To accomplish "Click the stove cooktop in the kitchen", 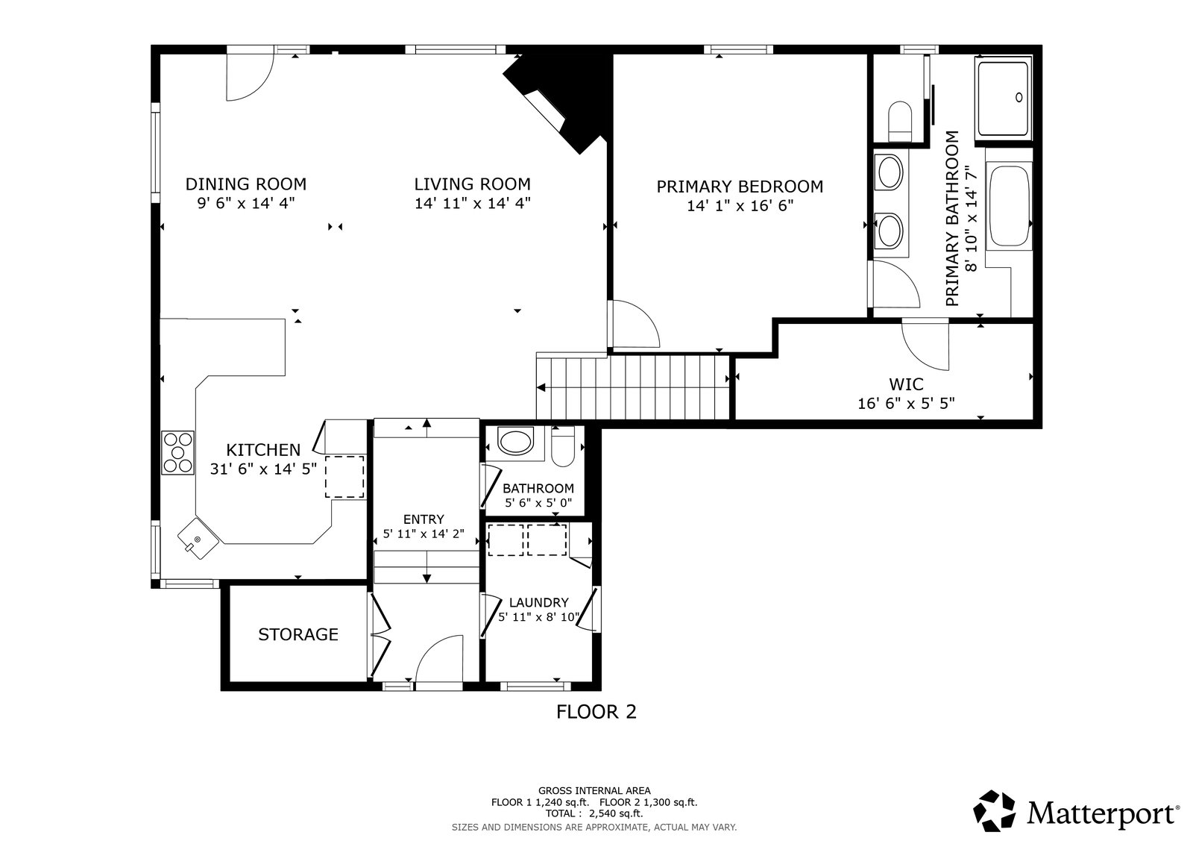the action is tap(178, 453).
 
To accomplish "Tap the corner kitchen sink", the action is tap(198, 539).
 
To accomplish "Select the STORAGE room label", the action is tap(298, 634).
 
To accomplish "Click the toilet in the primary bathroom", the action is tap(900, 122).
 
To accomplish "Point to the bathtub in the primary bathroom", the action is tap(1008, 206).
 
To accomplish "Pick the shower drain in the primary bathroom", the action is tap(1019, 97).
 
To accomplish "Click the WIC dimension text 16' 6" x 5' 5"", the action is tap(906, 404).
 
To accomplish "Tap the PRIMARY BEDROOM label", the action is tap(740, 187).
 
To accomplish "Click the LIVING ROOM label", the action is tap(473, 184).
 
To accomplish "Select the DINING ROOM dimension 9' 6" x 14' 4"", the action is tap(246, 203).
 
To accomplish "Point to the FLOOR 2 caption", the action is tap(596, 712).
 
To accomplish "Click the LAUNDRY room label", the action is tap(539, 602).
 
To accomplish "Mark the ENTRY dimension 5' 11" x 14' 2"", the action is tap(424, 534).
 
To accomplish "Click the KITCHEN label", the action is tap(263, 450).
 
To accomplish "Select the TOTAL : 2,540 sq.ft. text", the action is tap(594, 813).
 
